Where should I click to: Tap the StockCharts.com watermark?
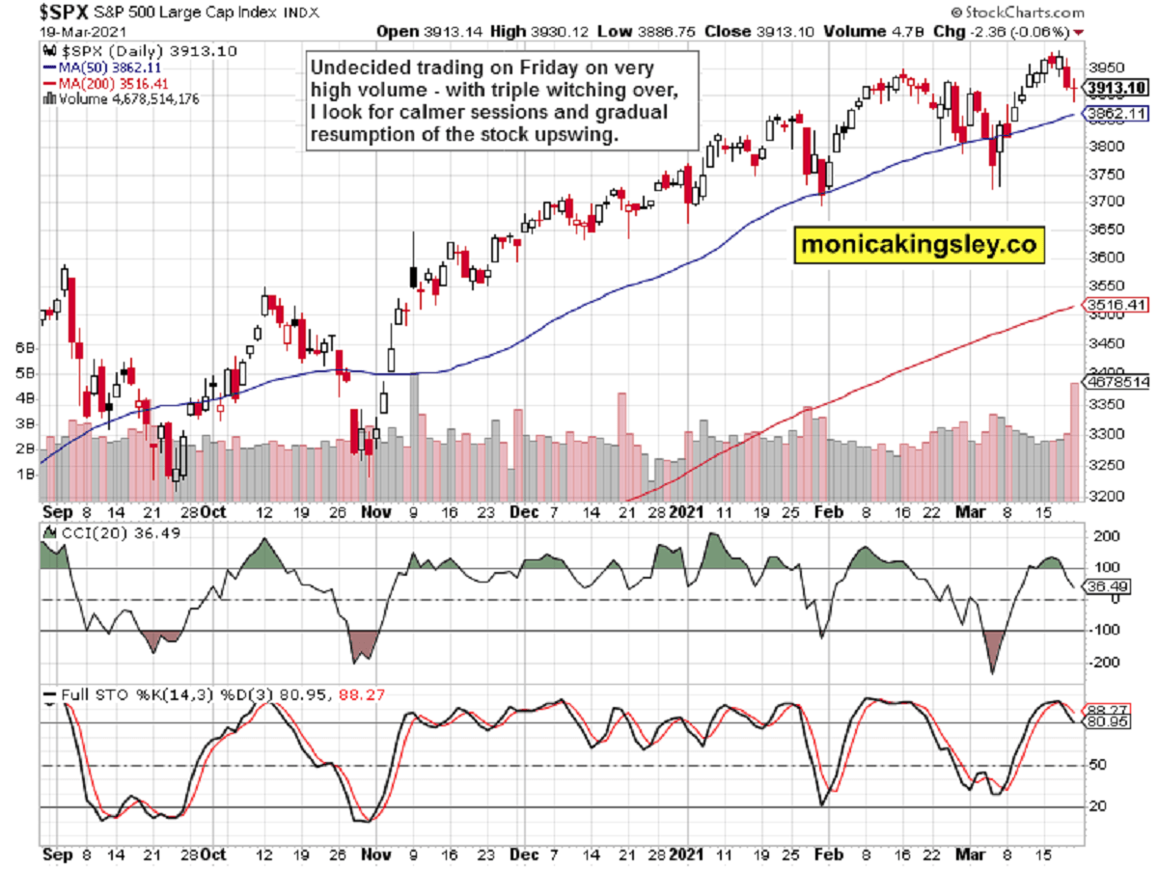pos(1022,14)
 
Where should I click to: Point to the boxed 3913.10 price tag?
pos(1114,88)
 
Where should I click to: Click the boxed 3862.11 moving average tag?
pos(1114,114)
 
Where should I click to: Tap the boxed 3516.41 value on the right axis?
pos(1114,306)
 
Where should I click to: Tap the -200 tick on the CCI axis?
pos(1101,663)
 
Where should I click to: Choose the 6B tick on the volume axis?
pos(25,346)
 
